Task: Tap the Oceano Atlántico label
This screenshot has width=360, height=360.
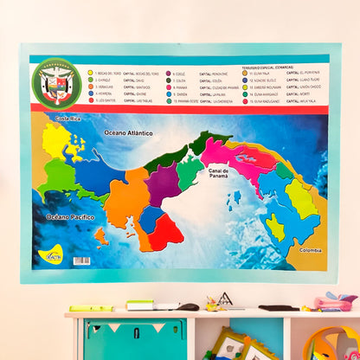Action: click(x=127, y=133)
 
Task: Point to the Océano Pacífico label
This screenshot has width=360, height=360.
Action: click(x=70, y=217)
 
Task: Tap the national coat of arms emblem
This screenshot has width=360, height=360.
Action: click(x=57, y=83)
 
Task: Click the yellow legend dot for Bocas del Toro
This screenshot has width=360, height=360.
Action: click(x=90, y=74)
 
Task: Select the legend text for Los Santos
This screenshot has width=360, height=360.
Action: click(x=107, y=100)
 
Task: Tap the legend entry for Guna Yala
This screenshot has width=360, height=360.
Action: click(x=260, y=74)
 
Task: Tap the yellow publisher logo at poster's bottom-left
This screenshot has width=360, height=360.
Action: click(x=51, y=255)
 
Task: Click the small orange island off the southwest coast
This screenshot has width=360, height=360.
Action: click(x=101, y=235)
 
